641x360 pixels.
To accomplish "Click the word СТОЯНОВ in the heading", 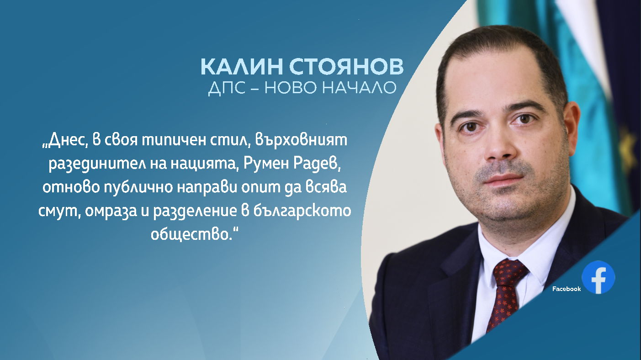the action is pos(346,66).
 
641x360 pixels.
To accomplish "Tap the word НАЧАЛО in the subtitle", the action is pos(359,88).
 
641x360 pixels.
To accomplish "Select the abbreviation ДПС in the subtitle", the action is pos(227,88).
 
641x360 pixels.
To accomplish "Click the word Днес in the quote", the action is pos(65,140).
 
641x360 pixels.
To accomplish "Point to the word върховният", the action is pos(301,140).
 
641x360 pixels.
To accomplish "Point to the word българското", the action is pos(302,211).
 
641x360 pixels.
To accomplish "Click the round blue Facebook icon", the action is pos(599,277).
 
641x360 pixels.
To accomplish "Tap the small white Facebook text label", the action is pos(567,289).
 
